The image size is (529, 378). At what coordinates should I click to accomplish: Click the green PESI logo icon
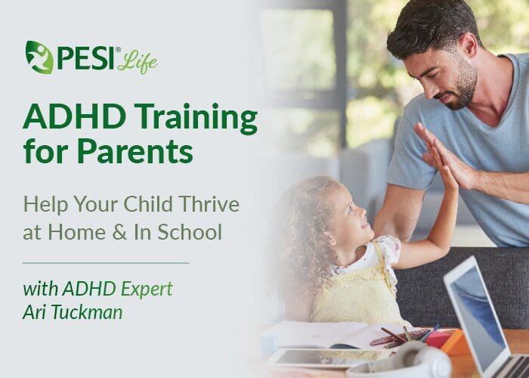tap(39, 57)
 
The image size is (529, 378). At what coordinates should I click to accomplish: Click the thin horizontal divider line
tap(106, 263)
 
